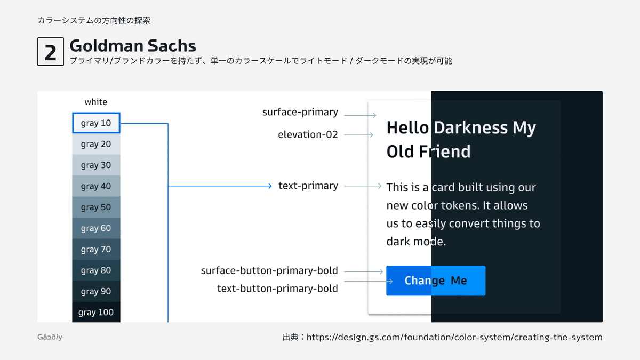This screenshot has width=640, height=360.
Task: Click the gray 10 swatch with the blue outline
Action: (x=96, y=123)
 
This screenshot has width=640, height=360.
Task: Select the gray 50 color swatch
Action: (x=96, y=207)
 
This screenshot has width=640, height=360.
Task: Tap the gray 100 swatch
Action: (x=96, y=312)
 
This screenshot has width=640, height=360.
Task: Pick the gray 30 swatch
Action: (x=96, y=165)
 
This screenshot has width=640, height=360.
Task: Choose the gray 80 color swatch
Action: (x=96, y=270)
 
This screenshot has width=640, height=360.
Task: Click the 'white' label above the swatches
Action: (x=95, y=102)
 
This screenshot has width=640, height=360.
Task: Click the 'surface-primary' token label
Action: (x=300, y=113)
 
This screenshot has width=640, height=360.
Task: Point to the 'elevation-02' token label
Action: (x=308, y=134)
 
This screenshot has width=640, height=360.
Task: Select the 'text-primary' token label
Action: (x=308, y=186)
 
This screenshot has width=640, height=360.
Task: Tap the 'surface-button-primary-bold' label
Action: (x=269, y=270)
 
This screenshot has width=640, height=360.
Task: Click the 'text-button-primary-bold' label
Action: (x=277, y=289)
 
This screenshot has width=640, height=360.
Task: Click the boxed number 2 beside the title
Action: (x=51, y=52)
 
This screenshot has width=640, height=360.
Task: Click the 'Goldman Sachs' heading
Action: (x=133, y=46)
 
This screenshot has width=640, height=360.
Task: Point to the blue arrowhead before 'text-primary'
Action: (x=270, y=186)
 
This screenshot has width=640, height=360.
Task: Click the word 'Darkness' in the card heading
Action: (x=470, y=127)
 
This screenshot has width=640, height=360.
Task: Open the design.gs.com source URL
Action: (x=454, y=338)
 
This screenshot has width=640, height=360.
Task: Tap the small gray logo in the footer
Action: (x=50, y=337)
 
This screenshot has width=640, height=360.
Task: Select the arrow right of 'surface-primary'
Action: (x=360, y=115)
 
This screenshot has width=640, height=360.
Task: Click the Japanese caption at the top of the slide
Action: (x=94, y=21)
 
